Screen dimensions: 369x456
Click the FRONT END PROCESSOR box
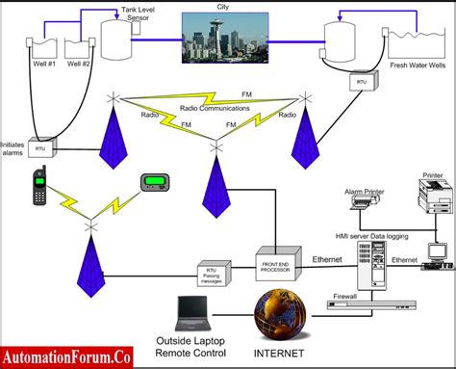(279, 262)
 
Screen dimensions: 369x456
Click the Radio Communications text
(212, 108)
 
